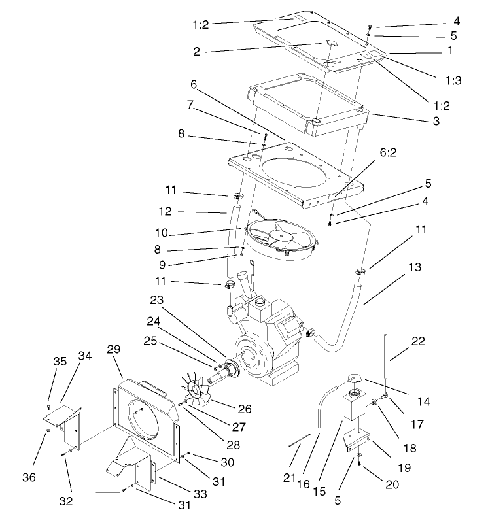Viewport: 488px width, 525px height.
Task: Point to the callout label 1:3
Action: click(x=454, y=82)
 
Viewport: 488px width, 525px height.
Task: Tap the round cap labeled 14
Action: click(x=355, y=377)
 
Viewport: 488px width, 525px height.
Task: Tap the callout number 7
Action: click(x=190, y=104)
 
